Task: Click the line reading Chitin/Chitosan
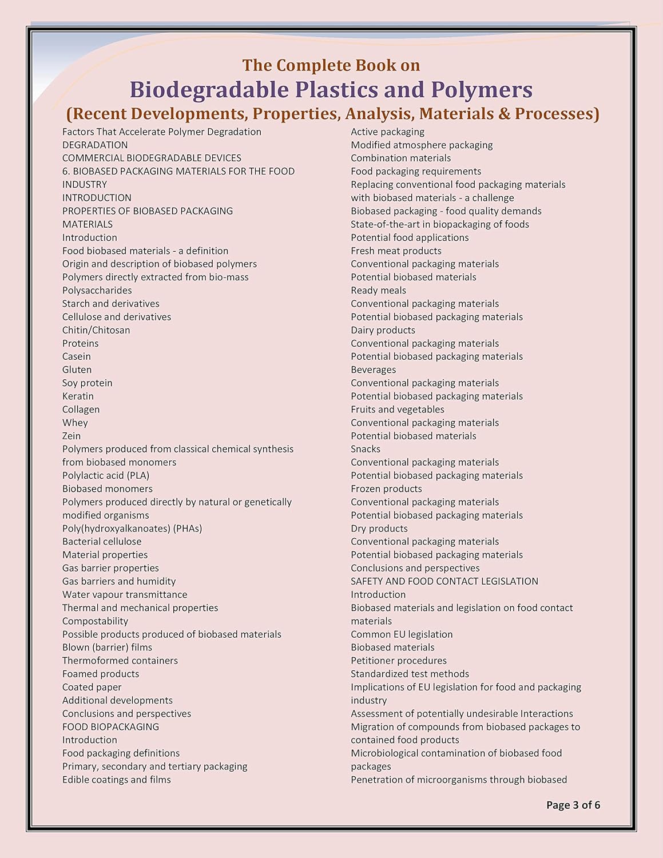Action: [96, 330]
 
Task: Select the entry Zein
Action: [72, 436]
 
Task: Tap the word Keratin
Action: [78, 396]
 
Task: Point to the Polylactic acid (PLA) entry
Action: [106, 475]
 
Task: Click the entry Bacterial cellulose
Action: [102, 541]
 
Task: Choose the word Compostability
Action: [95, 621]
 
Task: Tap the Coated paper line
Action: [92, 687]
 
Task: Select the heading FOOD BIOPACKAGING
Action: [110, 726]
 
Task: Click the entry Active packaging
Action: [387, 132]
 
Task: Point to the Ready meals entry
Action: [378, 290]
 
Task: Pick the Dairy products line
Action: [383, 330]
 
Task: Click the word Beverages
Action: [373, 370]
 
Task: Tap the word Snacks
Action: [366, 449]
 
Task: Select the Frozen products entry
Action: [386, 488]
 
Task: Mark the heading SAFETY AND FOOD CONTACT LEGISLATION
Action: [444, 581]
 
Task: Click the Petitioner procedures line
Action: [399, 661]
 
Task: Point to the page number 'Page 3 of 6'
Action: [573, 805]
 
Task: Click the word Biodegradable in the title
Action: [209, 90]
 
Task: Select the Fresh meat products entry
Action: [396, 251]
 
